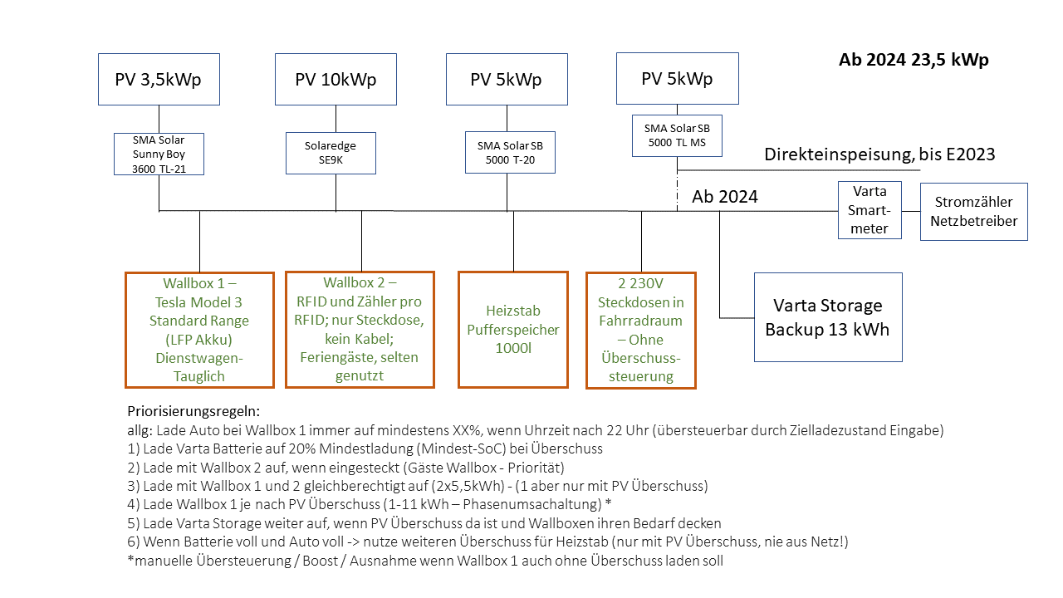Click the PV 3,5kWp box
159,80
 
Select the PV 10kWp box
336,80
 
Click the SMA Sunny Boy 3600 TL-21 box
159,154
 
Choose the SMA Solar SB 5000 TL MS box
677,135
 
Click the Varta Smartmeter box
870,210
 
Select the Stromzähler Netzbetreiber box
973,212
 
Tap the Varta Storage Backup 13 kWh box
827,317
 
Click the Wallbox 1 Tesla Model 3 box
199,330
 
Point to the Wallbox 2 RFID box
360,330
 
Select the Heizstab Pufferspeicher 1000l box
512,330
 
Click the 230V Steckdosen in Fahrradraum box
640,330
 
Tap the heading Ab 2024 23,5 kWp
914,60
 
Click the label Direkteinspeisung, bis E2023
879,154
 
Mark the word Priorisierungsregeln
193,411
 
